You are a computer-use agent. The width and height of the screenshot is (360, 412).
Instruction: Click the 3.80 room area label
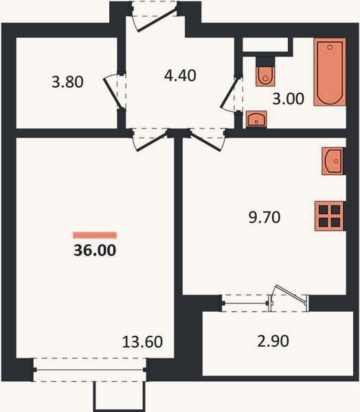click(67, 82)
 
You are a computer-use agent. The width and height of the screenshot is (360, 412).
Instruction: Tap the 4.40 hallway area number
click(180, 76)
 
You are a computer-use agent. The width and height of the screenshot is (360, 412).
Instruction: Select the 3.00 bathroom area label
click(289, 99)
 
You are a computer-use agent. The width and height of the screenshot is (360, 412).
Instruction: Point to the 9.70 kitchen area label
click(265, 218)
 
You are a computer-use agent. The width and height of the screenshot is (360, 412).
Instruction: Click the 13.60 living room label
click(142, 342)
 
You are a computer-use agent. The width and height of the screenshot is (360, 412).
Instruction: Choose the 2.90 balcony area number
click(273, 341)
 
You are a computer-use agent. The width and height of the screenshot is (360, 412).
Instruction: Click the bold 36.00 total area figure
click(95, 250)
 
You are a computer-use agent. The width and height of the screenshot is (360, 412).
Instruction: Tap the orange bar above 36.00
click(95, 235)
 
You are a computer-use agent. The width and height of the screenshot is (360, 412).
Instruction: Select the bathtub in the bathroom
click(330, 72)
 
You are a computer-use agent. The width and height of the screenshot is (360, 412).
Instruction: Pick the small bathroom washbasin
click(256, 119)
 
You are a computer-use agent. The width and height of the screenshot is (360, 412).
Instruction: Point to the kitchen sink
click(333, 161)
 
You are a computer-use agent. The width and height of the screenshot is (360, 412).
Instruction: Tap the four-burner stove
click(329, 216)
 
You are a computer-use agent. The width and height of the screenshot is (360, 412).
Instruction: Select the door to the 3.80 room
click(113, 92)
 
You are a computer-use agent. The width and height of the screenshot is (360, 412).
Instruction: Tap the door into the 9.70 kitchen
click(207, 141)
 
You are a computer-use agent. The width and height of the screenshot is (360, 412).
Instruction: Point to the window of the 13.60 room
click(90, 369)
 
